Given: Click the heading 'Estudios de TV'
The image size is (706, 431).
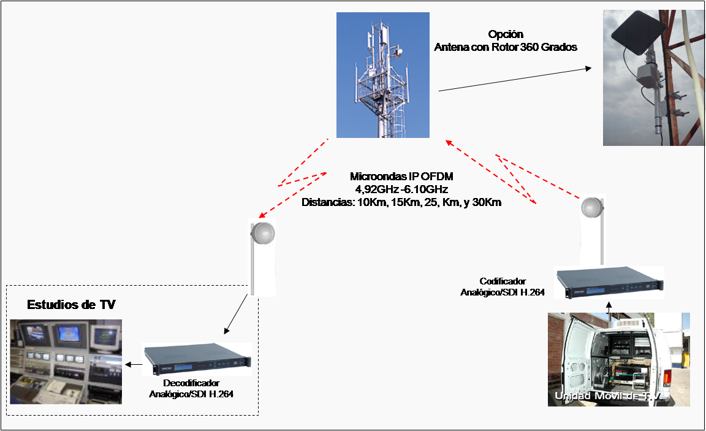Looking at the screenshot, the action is coord(71,305).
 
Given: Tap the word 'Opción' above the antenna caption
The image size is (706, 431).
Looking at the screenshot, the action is coord(506,34).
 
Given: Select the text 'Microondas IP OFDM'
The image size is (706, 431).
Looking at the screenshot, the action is coord(401,177).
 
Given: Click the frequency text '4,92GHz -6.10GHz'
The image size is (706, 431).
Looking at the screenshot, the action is coord(401,189).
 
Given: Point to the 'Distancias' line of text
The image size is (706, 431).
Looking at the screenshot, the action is coord(401,202).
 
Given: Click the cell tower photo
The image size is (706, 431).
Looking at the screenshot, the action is coord(382,75).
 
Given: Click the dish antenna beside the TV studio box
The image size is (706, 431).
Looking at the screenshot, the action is coord(262,232).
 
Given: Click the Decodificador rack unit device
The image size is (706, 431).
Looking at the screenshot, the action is coord(197,359).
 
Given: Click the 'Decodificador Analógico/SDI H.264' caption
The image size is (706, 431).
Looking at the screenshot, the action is coord(191,389).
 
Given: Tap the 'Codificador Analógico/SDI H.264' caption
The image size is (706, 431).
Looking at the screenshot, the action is coord(503,287).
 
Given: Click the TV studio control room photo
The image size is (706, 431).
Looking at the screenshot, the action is coord(66,362).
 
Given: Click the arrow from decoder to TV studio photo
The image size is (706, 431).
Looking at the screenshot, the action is coord(134,364).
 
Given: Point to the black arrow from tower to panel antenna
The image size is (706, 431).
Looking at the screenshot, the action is coord(515,79).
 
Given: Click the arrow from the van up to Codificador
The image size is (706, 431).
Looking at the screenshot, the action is coord(609,308).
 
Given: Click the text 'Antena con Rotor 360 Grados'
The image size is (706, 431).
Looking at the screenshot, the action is coord(506,47).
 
